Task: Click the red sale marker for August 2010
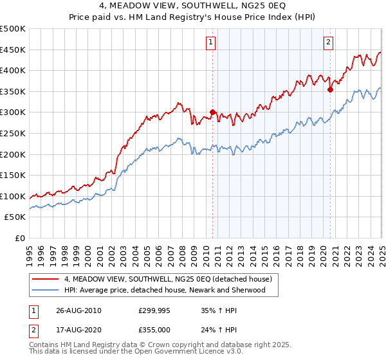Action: (213, 112)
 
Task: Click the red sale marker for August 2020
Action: (330, 89)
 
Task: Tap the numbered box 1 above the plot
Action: (211, 43)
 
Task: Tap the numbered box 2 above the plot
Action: (328, 43)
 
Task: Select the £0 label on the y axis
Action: (21, 238)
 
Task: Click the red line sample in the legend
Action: (46, 279)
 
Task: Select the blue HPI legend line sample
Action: (46, 290)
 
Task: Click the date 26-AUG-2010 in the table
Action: (78, 310)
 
